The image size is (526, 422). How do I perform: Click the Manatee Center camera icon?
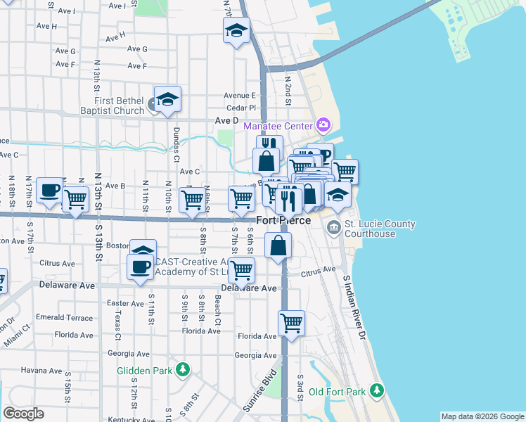pos(323,126)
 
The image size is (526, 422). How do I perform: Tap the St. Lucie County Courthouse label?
pos(379,229)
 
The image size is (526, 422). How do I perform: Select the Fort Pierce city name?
pos(284,220)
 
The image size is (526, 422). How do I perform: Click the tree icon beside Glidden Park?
pos(183,369)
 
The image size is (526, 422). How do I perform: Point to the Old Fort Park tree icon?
pos(377,390)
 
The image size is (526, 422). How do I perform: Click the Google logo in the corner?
pos(23,414)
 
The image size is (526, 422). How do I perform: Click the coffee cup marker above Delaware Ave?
pos(139,267)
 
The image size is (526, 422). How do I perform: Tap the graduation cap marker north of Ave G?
pos(237,31)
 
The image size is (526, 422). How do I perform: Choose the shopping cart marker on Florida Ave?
pos(291,324)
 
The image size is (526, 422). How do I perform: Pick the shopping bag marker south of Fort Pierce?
pos(278,246)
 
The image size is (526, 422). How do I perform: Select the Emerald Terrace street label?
pos(64,318)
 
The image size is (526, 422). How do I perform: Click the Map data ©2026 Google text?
pos(482,416)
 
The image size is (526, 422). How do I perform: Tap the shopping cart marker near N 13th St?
pos(75,199)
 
